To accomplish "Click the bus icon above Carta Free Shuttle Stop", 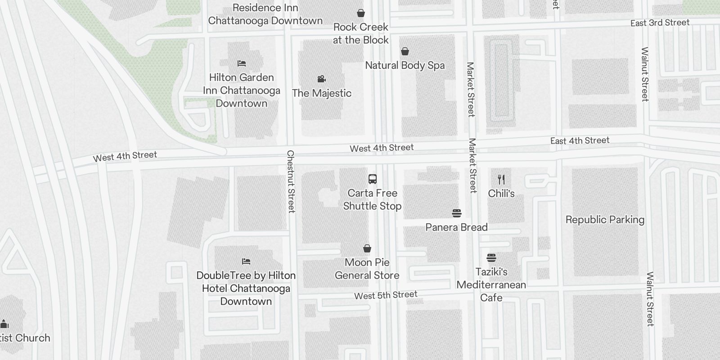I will coord(373,179).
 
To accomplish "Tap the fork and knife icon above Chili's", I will coord(501,180).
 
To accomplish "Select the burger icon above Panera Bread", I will coord(456,213).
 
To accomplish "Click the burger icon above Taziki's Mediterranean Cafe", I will coord(491,258).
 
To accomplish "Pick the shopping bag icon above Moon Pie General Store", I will coord(367,248).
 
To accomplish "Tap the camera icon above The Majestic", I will coord(321,79).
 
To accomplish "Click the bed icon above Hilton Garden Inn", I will coord(242,63).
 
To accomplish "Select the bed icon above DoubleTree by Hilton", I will coord(246,261).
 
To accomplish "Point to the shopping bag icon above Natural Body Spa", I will coord(405,51).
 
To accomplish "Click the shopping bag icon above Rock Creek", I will coord(360,13).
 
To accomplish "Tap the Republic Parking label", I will coord(605,220).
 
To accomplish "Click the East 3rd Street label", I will coord(660,23).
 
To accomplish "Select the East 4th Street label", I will coord(580,141).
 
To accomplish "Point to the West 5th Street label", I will coord(386,295).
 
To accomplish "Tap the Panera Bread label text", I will coord(456,227).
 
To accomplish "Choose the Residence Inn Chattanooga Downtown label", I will coord(265,14).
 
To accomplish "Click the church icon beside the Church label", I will coord(4,324).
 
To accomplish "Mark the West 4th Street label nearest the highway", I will coord(125,156).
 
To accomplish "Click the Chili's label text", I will coord(501,193).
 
